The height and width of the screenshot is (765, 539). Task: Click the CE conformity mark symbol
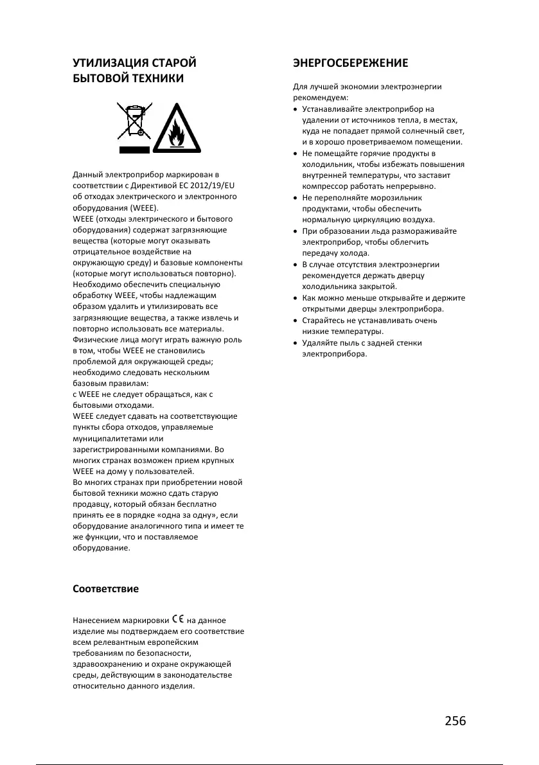pos(178,620)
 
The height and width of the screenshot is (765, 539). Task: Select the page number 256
pos(455,720)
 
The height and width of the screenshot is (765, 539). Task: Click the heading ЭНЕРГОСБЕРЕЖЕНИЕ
pos(350,63)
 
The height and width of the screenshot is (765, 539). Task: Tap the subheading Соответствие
pos(105,588)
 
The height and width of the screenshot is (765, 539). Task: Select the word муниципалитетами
pos(110,438)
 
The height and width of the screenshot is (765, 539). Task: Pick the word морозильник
pos(396,197)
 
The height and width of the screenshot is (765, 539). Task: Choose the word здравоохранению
pos(106,664)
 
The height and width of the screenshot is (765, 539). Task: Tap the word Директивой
pos(143,185)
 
